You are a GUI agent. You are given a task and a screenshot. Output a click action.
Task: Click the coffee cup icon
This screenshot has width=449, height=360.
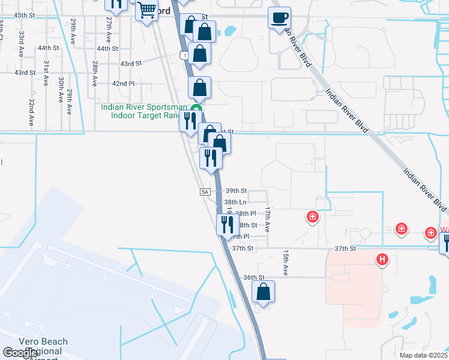279,17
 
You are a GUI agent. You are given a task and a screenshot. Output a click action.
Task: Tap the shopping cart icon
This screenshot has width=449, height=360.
146,10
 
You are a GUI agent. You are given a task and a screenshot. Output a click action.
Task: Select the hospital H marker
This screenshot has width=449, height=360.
382,259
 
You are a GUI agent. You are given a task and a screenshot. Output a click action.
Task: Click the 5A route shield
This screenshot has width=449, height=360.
205,192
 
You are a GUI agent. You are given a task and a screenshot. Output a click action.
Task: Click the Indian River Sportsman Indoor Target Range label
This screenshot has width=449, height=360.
143,112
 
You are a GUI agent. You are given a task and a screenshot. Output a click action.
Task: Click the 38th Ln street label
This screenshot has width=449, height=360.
235,203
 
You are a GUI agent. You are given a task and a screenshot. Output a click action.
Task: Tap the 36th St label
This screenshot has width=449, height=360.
254,277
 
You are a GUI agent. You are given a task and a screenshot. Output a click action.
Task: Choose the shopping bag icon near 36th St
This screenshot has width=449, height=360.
263,292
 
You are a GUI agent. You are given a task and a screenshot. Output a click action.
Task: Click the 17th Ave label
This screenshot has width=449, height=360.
268,221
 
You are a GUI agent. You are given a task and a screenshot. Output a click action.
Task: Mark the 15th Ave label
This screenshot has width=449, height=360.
286,263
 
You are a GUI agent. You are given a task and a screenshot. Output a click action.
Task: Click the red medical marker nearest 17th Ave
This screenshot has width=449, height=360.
312,217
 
